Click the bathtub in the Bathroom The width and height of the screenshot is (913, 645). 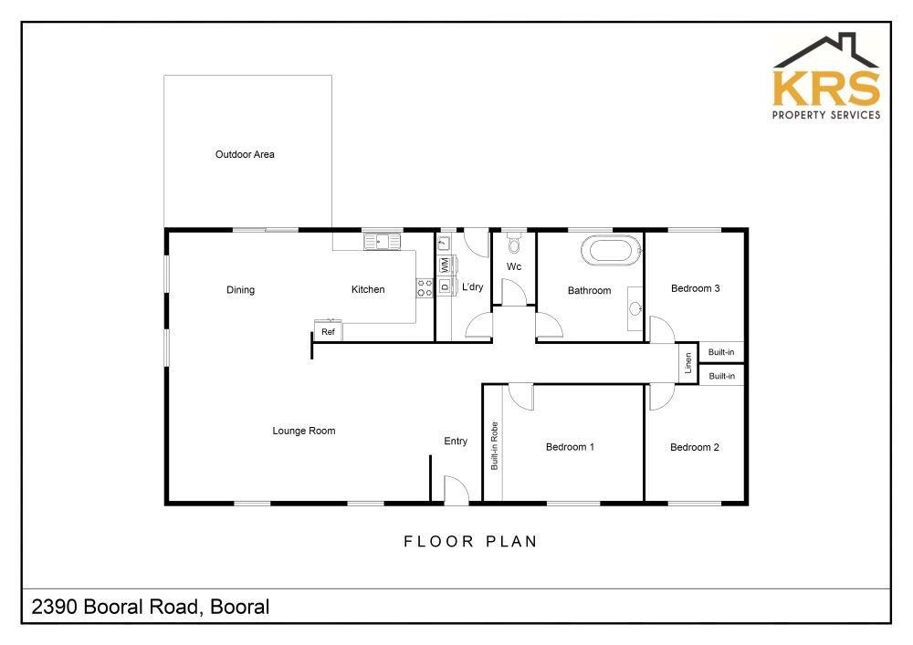(x=611, y=251)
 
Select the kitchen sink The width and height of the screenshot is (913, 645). (x=383, y=241)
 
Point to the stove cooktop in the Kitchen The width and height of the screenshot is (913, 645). (x=425, y=288)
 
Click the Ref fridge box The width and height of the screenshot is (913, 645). (x=328, y=330)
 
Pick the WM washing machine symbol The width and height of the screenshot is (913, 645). (x=445, y=265)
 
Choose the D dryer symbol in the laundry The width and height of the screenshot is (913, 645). (x=445, y=286)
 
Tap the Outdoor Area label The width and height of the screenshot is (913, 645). (x=245, y=154)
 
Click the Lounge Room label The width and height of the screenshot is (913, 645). (x=304, y=431)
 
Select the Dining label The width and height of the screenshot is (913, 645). (x=240, y=289)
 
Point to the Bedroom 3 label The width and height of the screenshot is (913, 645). (x=695, y=288)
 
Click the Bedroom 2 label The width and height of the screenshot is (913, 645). (x=695, y=447)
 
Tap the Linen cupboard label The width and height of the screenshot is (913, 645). (x=688, y=363)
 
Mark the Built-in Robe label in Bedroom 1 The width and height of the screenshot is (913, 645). (x=494, y=446)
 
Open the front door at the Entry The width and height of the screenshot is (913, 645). (x=456, y=490)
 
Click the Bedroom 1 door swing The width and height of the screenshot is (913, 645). (x=521, y=398)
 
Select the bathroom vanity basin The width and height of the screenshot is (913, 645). (x=635, y=308)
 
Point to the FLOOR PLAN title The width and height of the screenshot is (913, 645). (x=470, y=542)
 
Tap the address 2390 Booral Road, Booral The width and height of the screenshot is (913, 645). (x=151, y=608)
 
